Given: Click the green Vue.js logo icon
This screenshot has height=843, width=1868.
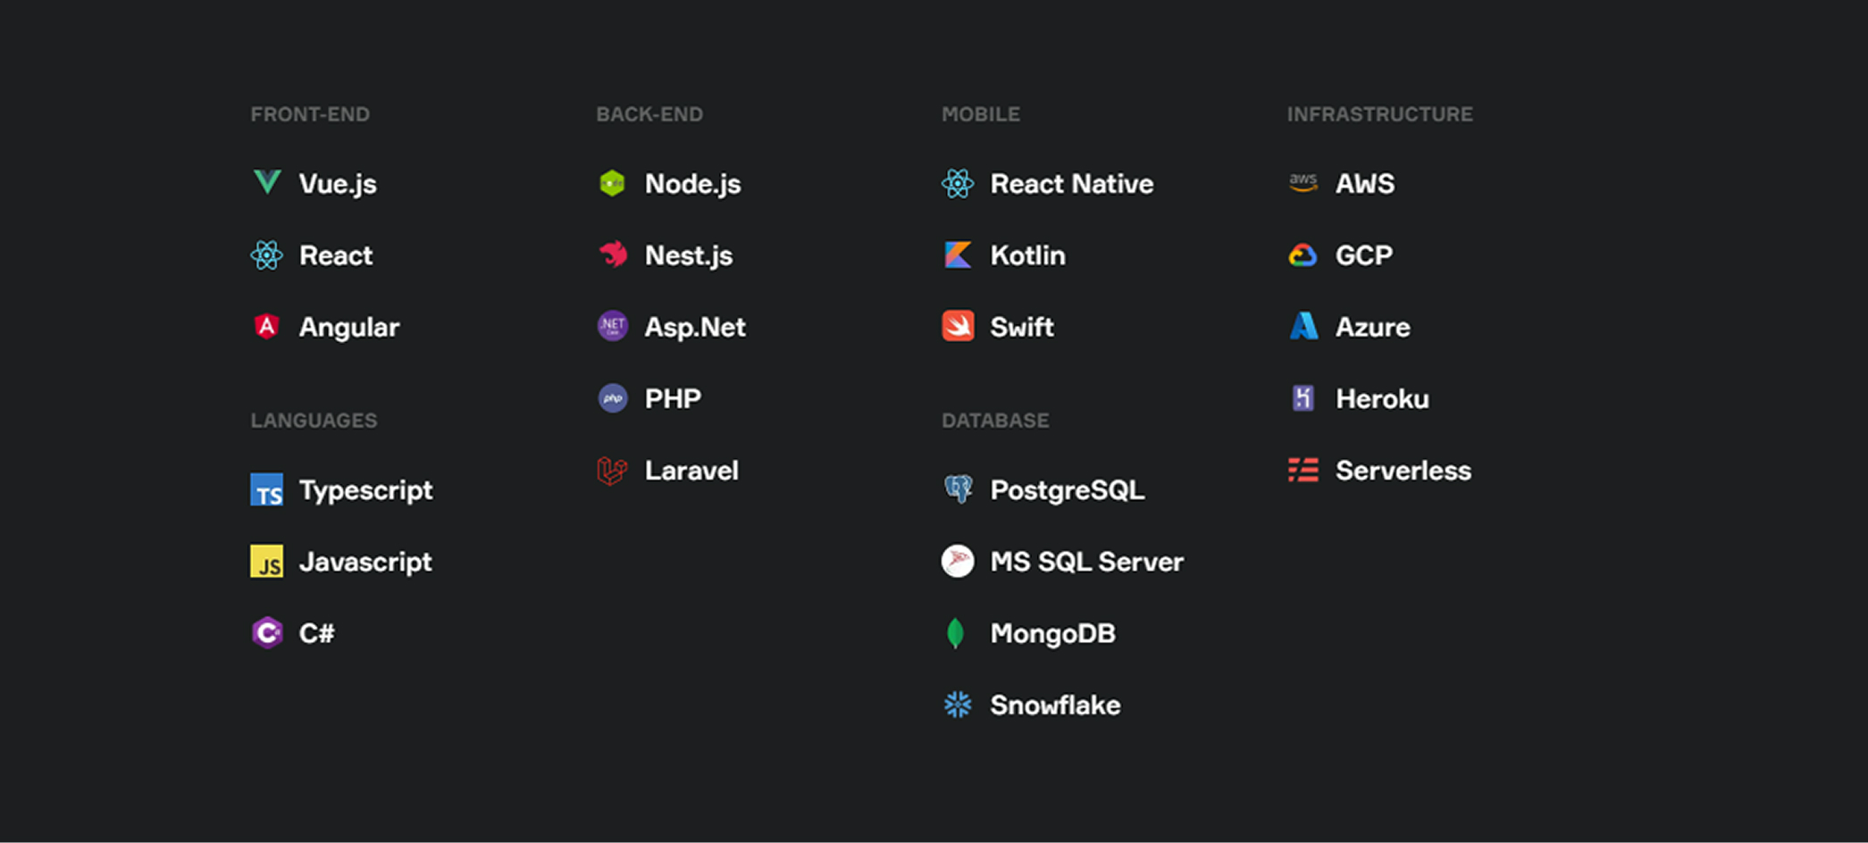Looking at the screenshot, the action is point(267,182).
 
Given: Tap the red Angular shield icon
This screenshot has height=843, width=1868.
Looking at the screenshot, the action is point(266,327).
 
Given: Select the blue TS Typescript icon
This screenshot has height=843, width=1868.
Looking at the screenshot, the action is point(266,490).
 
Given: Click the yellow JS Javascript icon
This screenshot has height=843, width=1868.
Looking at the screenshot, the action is point(266,562).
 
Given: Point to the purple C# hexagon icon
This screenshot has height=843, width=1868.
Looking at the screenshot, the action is point(266,633).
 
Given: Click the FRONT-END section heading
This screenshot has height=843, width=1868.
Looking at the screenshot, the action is point(310,114).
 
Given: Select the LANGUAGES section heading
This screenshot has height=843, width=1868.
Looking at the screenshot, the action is point(314,421).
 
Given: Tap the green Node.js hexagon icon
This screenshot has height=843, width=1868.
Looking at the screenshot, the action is point(612,183).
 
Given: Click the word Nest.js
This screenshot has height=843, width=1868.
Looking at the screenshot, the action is point(688,255).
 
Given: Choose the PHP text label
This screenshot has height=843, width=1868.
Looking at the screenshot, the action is point(673,398).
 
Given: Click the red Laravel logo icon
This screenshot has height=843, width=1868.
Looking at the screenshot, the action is point(612,471).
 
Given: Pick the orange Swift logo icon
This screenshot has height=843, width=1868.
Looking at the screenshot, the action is point(958,327).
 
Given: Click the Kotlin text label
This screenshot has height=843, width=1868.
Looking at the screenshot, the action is point(1027,255).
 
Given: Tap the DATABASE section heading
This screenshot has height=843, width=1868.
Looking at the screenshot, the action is point(995,421).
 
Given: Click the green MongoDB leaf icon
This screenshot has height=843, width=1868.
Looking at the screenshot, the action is point(956,633).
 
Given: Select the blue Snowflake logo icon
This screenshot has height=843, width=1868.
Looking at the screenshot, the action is point(958,705).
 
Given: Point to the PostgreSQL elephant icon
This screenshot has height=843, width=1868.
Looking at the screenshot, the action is point(958,489).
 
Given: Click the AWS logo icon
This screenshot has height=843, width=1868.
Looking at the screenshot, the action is point(1303,183).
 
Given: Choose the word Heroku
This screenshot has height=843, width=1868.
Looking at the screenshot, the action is point(1382,398).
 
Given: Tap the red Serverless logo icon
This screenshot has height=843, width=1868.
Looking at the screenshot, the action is point(1303,470).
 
